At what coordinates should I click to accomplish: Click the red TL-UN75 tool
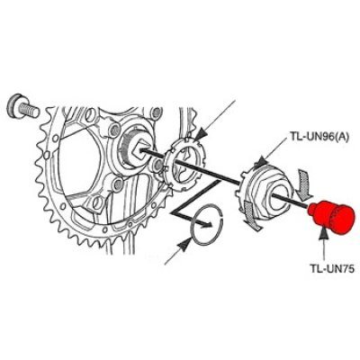click(331, 217)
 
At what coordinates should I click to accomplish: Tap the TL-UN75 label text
click(332, 268)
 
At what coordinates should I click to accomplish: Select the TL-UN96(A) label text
click(320, 138)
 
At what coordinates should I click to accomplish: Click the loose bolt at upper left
click(22, 108)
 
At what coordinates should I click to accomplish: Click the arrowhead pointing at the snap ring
click(184, 245)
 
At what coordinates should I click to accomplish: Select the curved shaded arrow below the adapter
click(252, 215)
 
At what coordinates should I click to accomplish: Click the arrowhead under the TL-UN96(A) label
click(260, 162)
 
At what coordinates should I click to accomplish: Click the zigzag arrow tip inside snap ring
click(209, 224)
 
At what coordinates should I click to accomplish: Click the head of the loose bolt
click(13, 105)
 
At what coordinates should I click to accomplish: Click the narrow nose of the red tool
click(312, 210)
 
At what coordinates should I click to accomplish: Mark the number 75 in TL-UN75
click(348, 268)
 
